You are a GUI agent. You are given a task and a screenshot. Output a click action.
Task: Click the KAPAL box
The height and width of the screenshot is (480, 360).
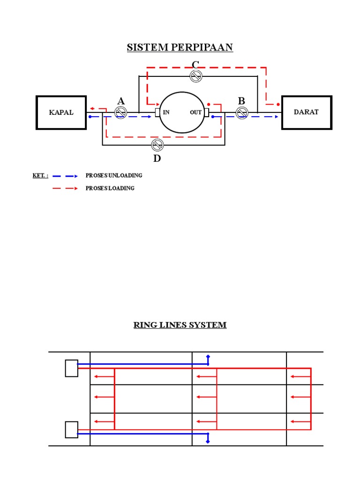pos(61,112)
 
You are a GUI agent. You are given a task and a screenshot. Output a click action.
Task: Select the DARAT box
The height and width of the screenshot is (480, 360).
pos(307,112)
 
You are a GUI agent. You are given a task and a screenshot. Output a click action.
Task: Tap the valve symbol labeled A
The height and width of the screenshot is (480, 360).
pos(121,112)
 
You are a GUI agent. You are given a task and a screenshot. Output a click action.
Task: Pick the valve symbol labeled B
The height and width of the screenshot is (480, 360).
pos(242,112)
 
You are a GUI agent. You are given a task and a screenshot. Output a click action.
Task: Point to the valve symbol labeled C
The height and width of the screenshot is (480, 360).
pos(196,76)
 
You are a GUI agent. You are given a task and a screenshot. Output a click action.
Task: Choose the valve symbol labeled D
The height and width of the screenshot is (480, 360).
pos(157,145)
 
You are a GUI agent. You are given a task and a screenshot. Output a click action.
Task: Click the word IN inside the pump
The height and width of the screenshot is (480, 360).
pos(166,112)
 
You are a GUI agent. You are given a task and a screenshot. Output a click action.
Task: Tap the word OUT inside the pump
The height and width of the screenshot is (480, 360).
pos(195,112)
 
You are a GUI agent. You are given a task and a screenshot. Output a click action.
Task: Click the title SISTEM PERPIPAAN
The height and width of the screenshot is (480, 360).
pos(180,47)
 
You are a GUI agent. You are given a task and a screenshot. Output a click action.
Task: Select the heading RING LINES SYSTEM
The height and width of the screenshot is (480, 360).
pos(180,325)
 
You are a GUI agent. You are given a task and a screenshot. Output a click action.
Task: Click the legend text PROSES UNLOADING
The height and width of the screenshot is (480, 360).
pos(114,176)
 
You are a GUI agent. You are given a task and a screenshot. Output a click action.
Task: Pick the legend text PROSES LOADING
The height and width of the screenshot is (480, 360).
pos(110,188)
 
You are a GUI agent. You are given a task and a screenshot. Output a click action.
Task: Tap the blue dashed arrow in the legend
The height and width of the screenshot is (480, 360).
pos(65,176)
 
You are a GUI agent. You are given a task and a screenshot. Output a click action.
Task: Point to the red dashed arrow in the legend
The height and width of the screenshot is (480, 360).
pos(65,188)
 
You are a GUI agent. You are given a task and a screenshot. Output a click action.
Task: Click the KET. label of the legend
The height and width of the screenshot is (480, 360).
pos(40,176)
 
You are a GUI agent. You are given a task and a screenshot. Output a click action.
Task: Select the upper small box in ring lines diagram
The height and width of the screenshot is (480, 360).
pos(71,368)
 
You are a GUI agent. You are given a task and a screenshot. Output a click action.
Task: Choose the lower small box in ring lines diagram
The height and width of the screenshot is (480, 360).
pos(71,429)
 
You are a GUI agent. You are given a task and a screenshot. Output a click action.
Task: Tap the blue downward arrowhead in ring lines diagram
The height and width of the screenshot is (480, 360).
pos(208,441)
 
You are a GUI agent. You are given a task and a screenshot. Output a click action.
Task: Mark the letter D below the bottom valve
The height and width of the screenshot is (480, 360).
pos(157,158)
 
